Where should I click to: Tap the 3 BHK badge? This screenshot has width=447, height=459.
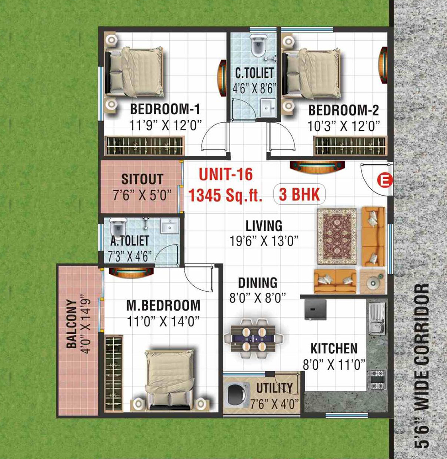click(x=299, y=194)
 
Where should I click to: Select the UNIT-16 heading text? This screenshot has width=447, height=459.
click(x=226, y=175)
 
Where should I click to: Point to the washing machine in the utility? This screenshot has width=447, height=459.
click(x=236, y=394)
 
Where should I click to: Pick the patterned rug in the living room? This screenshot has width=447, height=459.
click(x=337, y=236)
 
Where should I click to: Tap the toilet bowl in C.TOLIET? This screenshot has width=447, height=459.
click(x=259, y=45)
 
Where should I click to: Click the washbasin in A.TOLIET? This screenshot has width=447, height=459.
click(x=169, y=226)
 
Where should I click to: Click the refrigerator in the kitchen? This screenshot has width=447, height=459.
click(x=315, y=309)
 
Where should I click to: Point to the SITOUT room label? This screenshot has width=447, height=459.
click(x=142, y=179)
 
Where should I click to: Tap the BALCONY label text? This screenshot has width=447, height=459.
click(x=71, y=324)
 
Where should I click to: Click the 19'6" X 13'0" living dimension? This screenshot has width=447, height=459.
click(x=264, y=241)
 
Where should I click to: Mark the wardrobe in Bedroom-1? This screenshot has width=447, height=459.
click(x=145, y=145)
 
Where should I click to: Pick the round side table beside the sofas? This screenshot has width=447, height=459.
click(x=373, y=282)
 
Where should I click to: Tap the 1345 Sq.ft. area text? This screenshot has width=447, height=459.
click(x=225, y=195)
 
